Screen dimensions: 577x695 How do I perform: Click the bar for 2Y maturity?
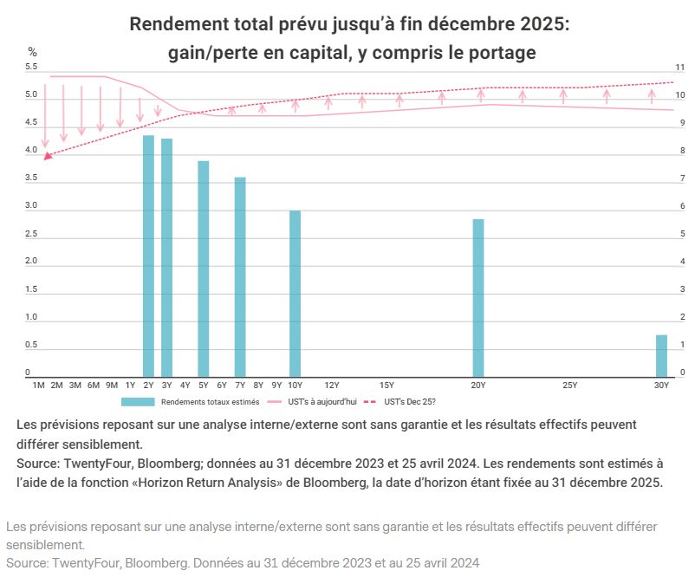[148, 256]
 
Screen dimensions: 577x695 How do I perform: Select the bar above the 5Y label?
[204, 269]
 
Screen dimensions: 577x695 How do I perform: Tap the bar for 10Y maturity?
[296, 294]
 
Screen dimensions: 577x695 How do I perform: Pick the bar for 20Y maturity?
[478, 298]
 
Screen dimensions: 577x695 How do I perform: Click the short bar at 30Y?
[661, 356]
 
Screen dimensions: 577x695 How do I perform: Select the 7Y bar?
[240, 277]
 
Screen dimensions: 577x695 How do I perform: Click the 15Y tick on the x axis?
[386, 384]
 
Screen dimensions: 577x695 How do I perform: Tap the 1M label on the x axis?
[38, 384]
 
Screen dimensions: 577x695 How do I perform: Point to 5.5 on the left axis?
[32, 67]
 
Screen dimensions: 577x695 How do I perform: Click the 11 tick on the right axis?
[681, 67]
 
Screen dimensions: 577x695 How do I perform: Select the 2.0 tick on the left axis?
[32, 262]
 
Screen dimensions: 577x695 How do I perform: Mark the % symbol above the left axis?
[32, 52]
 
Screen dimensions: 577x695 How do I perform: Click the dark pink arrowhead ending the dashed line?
[48, 156]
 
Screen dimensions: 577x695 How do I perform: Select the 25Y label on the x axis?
[569, 384]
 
